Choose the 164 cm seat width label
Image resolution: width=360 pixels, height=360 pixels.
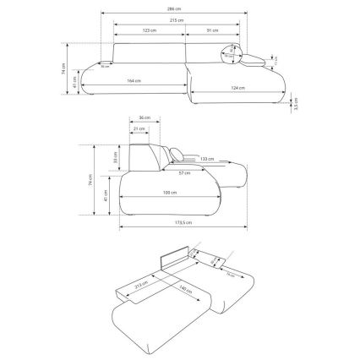(134, 80)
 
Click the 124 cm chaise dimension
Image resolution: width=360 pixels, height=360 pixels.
(237, 87)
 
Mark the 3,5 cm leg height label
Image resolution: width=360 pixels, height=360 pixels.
(296, 106)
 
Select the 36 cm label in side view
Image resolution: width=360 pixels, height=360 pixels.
(143, 119)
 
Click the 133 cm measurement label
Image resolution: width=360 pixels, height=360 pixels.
(207, 157)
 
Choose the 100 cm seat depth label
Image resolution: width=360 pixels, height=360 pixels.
(169, 194)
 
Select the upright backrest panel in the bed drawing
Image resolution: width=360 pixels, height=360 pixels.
(174, 261)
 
